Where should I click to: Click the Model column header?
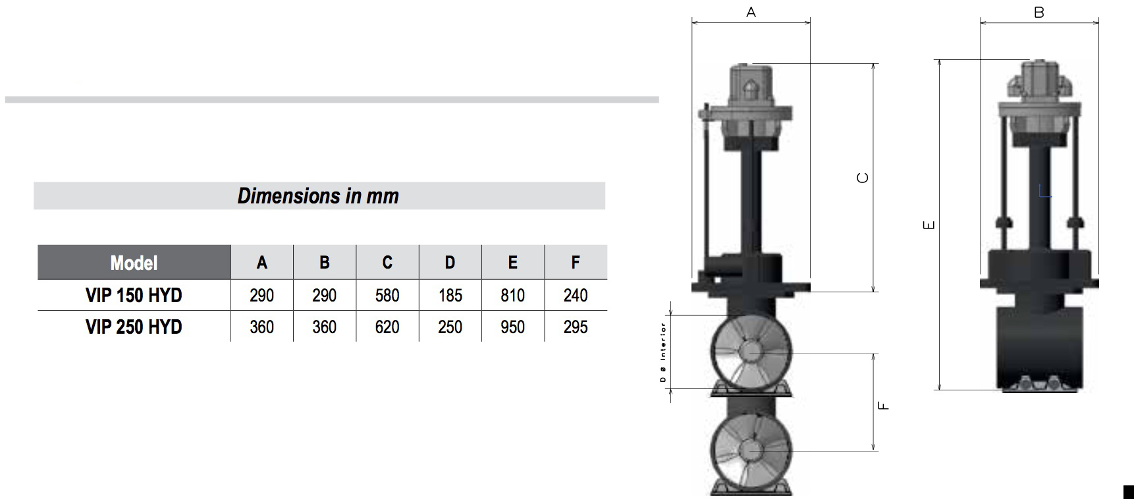coord(134,263)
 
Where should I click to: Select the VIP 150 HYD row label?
coord(134,295)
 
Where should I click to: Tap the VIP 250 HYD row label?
coord(134,327)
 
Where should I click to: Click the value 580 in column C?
coord(387,295)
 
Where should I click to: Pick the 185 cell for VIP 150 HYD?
coord(450,295)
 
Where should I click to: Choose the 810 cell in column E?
coord(513,295)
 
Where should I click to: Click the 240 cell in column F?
coord(576,295)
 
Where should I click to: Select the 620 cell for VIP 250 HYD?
coord(387,327)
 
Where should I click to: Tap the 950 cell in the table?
coord(513,327)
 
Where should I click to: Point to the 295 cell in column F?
coord(576,327)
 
